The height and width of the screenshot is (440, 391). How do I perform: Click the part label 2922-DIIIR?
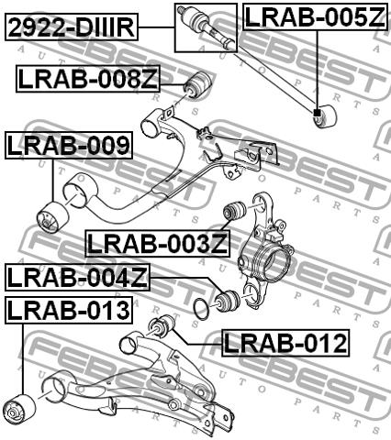click(x=72, y=27)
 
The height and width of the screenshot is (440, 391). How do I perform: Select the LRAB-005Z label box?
click(x=315, y=16)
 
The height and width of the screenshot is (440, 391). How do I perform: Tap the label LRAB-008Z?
click(x=88, y=79)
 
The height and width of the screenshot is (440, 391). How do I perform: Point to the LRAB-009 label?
click(x=69, y=145)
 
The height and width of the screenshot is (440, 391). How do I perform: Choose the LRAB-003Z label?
click(x=158, y=244)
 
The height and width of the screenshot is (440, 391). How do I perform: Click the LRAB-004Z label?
click(x=77, y=277)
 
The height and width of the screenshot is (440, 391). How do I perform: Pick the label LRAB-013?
click(x=69, y=310)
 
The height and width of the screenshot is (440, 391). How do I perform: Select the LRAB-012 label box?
click(x=285, y=343)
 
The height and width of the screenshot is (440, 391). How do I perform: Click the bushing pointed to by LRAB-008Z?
click(x=197, y=84)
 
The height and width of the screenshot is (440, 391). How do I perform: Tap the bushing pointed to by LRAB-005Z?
click(x=324, y=116)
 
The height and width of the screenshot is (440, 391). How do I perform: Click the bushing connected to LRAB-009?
click(x=52, y=217)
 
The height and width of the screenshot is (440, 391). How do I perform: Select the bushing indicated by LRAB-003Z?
click(x=234, y=210)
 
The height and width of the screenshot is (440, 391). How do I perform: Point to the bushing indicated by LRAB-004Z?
click(x=227, y=300)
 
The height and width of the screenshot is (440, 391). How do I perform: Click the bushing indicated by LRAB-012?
click(x=162, y=325)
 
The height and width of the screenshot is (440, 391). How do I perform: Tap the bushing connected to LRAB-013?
click(x=20, y=410)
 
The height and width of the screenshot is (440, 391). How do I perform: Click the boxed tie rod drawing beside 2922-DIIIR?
click(x=206, y=27)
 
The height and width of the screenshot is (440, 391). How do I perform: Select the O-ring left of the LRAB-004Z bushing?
click(x=202, y=309)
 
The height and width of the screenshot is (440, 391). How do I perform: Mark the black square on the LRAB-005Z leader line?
click(x=317, y=113)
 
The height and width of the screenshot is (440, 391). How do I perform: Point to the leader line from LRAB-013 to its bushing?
click(x=22, y=359)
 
